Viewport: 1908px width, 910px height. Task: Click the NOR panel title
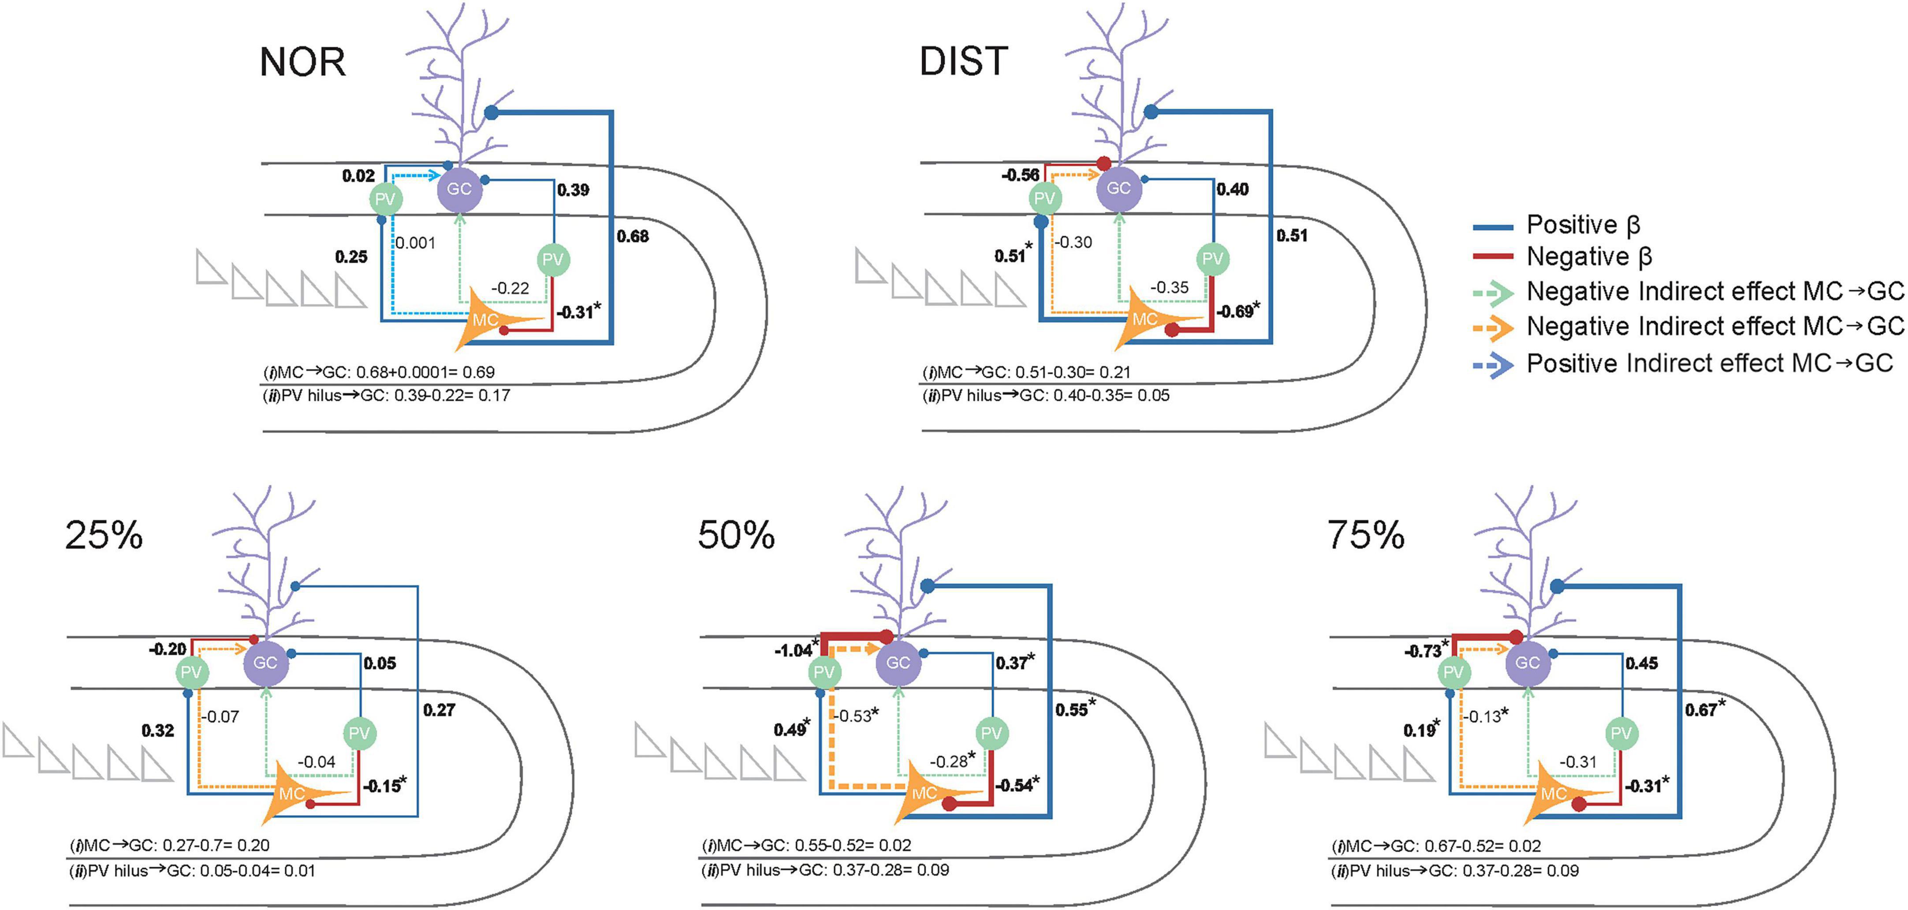(x=302, y=62)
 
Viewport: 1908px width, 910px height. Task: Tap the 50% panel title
(x=736, y=535)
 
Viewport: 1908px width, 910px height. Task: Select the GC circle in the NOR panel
(x=459, y=189)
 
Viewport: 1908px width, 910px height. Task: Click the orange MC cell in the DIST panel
(x=1145, y=321)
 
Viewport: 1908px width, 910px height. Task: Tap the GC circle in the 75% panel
(x=1527, y=663)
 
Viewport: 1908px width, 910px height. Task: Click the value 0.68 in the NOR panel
(x=633, y=236)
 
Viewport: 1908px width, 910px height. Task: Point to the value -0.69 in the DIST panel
(x=1235, y=312)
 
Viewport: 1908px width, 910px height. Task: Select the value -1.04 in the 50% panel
(x=793, y=651)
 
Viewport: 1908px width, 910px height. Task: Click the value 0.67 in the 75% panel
(x=1701, y=710)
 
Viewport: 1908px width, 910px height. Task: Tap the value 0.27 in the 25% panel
(x=439, y=710)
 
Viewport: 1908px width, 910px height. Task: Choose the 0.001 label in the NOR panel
(x=416, y=243)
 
